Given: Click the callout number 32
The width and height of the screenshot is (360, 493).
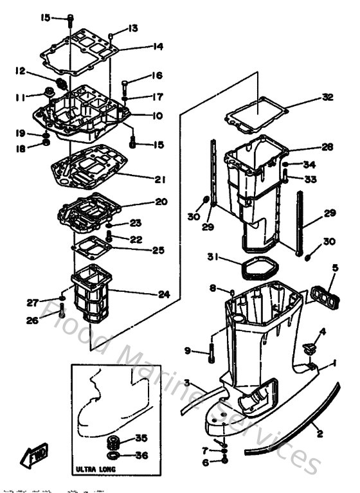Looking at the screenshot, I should (328, 98).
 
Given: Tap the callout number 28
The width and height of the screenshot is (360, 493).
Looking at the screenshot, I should (327, 147).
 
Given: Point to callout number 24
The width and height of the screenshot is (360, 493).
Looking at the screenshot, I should (164, 294).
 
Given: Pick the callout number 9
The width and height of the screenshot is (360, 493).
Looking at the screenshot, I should (188, 350).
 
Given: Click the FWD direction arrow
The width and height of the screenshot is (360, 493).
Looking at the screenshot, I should (35, 458).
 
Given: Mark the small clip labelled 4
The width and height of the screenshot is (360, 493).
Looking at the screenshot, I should (308, 349).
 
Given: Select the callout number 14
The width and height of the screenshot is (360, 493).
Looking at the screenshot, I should (158, 46).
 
